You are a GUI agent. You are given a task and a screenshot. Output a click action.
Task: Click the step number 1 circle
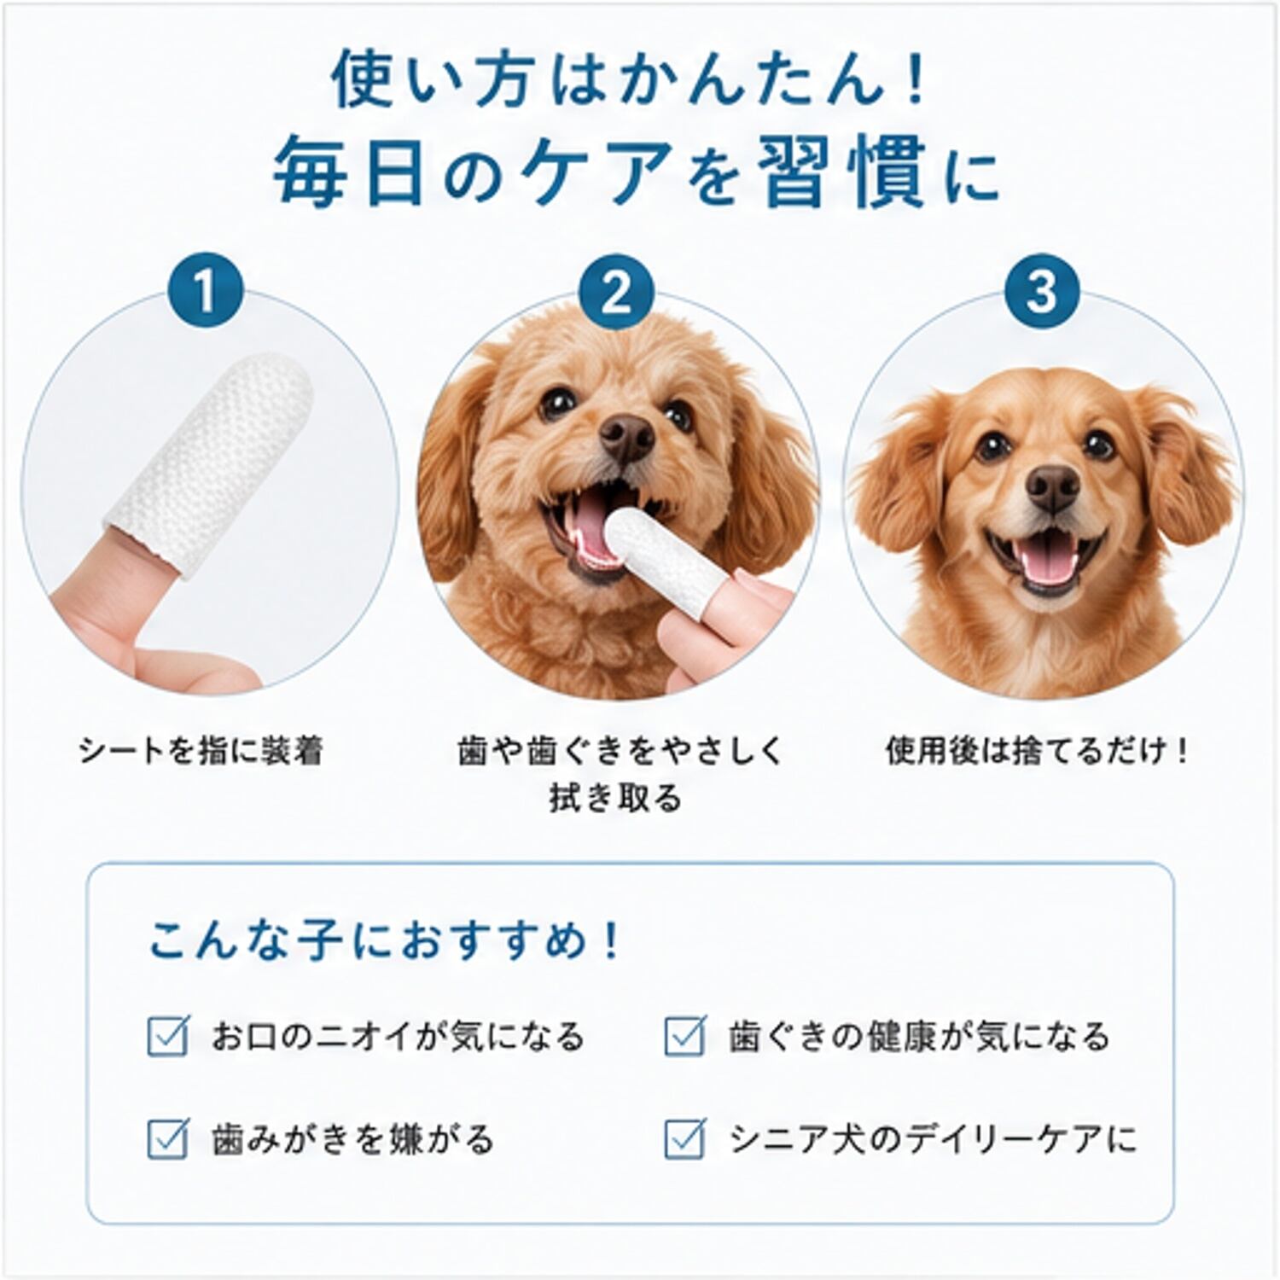click(x=205, y=291)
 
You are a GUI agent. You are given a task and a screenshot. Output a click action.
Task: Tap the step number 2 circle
click(x=615, y=291)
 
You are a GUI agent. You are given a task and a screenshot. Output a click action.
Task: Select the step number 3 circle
click(x=1041, y=291)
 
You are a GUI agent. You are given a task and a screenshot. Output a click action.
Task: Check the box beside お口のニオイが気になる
click(x=167, y=1036)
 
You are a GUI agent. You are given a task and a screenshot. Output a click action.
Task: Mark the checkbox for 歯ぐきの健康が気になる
click(x=684, y=1036)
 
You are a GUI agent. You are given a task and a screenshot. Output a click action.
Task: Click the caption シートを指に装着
click(x=201, y=751)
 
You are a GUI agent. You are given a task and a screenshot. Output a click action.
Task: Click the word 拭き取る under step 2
click(x=615, y=799)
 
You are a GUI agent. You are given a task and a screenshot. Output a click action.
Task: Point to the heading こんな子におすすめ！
click(x=385, y=941)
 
